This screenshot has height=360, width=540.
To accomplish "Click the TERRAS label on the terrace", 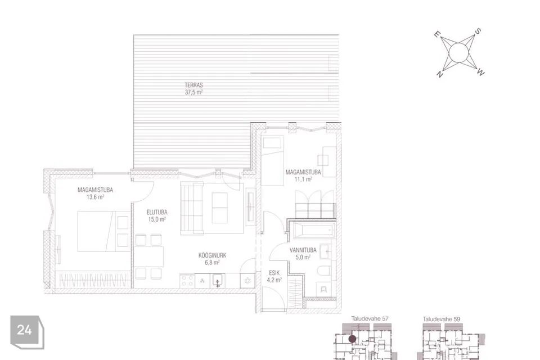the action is coord(193,85).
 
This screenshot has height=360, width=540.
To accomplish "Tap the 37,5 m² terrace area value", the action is coord(193,92).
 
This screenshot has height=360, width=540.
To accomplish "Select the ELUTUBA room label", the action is coord(157,212).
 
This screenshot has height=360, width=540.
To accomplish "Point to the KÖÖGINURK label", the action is coord(212,255).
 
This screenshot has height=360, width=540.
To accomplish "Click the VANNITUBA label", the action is coord(303,250).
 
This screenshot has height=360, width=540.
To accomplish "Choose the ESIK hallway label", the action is coord(274,273).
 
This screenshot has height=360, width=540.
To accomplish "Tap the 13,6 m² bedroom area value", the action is coord(95,197).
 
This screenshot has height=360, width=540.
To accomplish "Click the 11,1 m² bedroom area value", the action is coord(303,179).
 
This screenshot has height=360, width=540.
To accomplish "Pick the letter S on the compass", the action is coord(478,31).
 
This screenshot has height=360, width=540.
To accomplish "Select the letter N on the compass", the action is coord(440,74).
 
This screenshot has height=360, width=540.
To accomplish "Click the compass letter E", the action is coord(436,34).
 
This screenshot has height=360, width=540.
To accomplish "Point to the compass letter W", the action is coord(481,73).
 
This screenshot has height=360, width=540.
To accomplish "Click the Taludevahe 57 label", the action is coord(370,319).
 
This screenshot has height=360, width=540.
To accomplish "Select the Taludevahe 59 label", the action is coord(441,319).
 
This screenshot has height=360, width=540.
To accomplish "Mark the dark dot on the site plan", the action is coord(352,339).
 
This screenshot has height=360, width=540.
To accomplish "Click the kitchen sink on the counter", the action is coord(217,281).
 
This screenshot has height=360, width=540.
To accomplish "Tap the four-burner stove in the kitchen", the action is coord(187,281).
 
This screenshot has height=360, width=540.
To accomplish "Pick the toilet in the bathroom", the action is coord(324,271).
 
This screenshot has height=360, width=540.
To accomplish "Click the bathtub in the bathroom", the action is coord(313,229).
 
